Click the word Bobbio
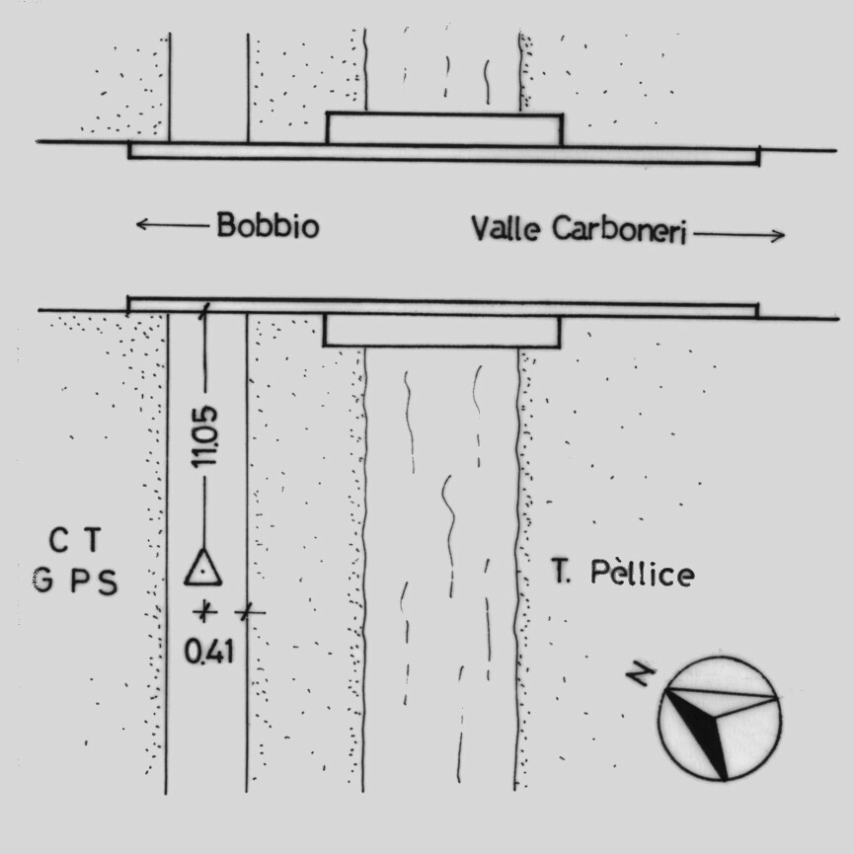coord(268,224)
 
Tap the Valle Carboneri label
coord(579,229)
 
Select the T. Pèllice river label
coord(623,573)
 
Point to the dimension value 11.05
coord(204,436)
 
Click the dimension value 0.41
coord(209,652)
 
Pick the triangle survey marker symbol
coord(202,568)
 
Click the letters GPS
coord(75,581)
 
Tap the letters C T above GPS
coord(75,540)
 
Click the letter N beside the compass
coord(641,675)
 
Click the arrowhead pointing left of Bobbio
coord(142,224)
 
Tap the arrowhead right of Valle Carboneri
coord(778,235)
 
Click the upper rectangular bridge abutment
coord(444,129)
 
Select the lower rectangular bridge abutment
coord(441,331)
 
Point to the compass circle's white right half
coord(749,719)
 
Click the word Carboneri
coord(619,229)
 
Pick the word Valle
coord(505,228)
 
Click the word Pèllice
coord(643,573)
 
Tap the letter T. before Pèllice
coord(561,571)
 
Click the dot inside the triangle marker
coord(202,573)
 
